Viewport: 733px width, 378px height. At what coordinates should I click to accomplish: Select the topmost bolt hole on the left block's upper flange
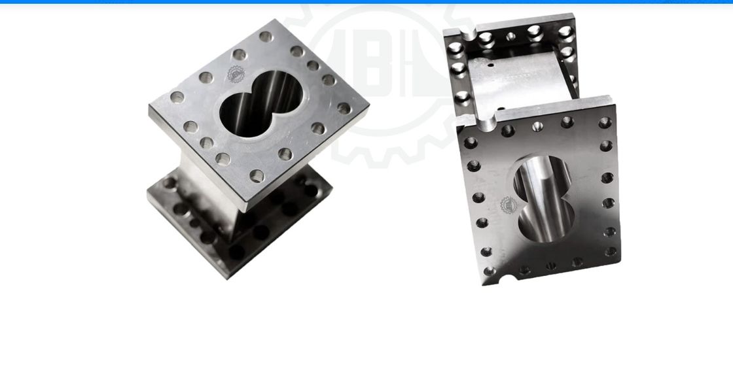(264, 37)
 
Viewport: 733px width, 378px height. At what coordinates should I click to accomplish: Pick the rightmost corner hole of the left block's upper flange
(344, 108)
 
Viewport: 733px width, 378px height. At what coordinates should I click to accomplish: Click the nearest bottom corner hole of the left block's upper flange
(257, 175)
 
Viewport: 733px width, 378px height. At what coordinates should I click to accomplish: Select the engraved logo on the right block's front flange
(507, 205)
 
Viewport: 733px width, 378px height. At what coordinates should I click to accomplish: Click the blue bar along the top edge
(366, 1)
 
